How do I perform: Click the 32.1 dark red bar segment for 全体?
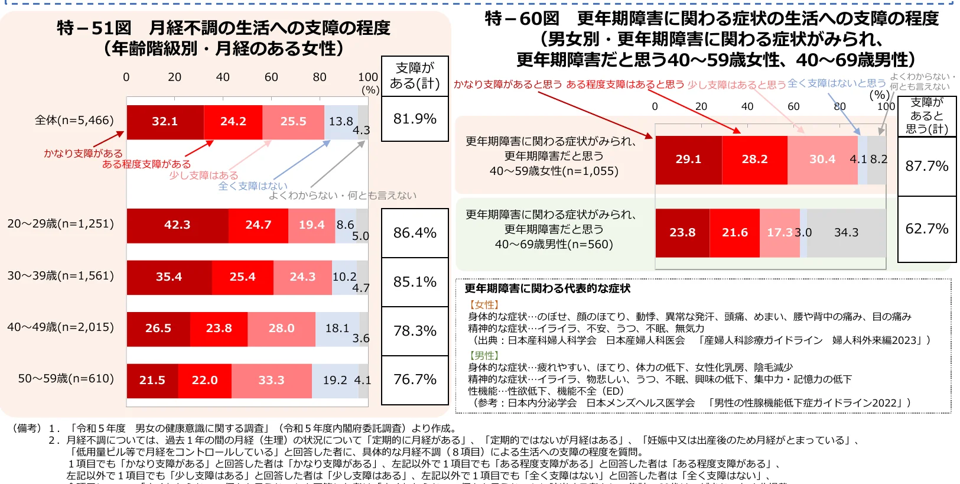point(165,122)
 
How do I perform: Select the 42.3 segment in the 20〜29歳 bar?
point(177,225)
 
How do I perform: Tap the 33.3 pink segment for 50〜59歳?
point(271,381)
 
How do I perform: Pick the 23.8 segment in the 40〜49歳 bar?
point(219,329)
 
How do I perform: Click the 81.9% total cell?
point(415,119)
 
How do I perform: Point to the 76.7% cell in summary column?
point(415,379)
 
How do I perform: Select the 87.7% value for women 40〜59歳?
point(926,166)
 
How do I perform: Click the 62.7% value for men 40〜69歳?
point(926,229)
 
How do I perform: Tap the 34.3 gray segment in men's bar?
point(846,233)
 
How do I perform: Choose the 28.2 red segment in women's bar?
point(754,160)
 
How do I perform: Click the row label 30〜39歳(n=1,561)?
point(61,276)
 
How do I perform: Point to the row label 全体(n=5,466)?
point(74,121)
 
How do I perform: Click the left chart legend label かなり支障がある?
point(83,153)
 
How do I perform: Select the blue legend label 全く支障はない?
point(253,186)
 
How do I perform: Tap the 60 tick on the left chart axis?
point(271,77)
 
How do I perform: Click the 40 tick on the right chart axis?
point(747,106)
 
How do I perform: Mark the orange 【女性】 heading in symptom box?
point(484,305)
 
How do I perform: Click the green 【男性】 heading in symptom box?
point(484,356)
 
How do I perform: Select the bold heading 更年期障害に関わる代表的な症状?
point(547,288)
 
